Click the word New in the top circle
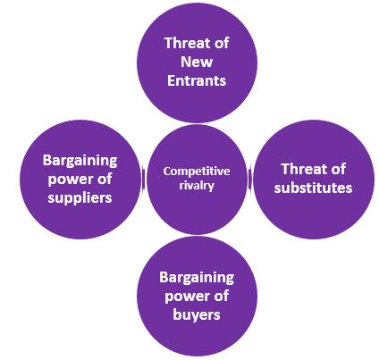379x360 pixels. pyautogui.click(x=197, y=62)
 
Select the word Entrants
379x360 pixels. pyautogui.click(x=197, y=80)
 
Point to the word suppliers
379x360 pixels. pyautogui.click(x=80, y=198)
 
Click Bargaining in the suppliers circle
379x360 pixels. pyautogui.click(x=80, y=161)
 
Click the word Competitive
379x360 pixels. pyautogui.click(x=197, y=172)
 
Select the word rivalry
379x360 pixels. pyautogui.click(x=197, y=186)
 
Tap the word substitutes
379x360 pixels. pyautogui.click(x=313, y=188)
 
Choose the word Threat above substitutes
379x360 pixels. pyautogui.click(x=301, y=169)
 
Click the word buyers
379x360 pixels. pyautogui.click(x=197, y=315)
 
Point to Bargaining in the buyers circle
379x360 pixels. pyautogui.click(x=197, y=278)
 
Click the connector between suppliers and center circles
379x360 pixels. pyautogui.click(x=144, y=180)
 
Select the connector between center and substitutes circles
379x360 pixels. pyautogui.click(x=249, y=179)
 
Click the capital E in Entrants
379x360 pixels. pyautogui.click(x=171, y=80)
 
